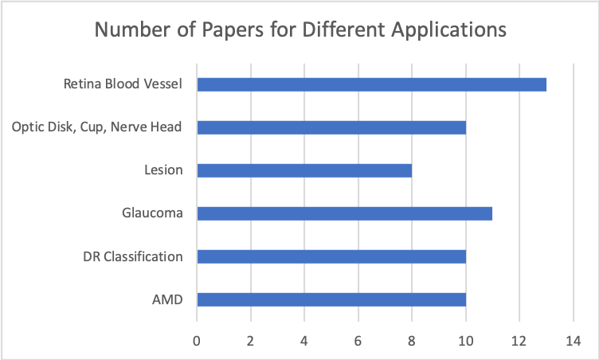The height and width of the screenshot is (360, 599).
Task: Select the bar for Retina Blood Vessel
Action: [371, 84]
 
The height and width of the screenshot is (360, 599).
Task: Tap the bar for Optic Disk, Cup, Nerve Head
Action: [331, 127]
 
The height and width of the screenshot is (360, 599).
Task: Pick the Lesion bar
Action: [303, 170]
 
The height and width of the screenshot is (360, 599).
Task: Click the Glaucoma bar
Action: [344, 213]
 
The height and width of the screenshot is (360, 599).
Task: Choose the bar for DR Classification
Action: [331, 256]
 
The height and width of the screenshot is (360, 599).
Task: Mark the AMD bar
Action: [331, 299]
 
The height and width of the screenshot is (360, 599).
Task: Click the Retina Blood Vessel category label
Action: [123, 84]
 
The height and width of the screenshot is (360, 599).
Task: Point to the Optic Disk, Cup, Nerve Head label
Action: [98, 127]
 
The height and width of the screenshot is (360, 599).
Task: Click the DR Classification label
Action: [133, 256]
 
